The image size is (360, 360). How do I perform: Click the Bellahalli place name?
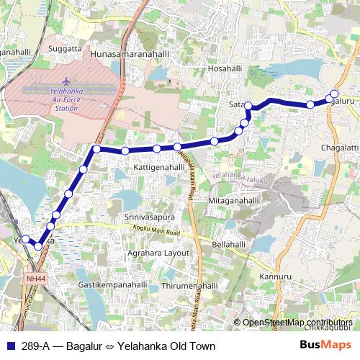pos(230,245)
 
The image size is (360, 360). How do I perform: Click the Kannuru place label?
pos(276,276)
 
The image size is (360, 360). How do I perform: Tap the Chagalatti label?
pos(338,148)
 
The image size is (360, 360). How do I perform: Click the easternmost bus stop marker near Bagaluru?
pos(334,95)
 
